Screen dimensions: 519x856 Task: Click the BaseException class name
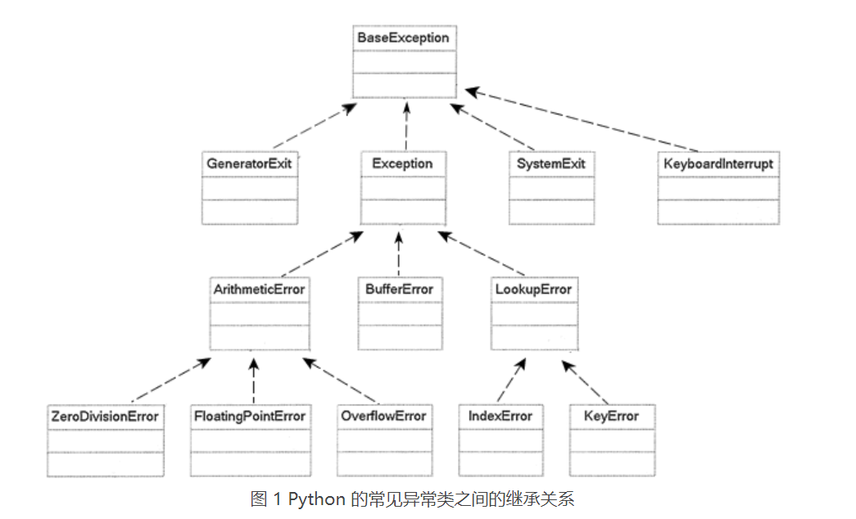[404, 38]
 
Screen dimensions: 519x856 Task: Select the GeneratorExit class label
[249, 164]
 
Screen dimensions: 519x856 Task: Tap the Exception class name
[402, 164]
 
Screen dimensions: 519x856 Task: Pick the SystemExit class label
[551, 164]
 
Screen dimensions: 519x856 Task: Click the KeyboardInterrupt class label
[718, 164]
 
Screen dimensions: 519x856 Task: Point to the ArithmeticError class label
[260, 290]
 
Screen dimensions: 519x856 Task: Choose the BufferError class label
[400, 290]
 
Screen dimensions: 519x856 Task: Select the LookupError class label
[533, 290]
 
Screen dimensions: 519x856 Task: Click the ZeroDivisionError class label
[104, 416]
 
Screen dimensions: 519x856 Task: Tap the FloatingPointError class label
[249, 416]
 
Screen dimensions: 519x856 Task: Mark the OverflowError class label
[384, 416]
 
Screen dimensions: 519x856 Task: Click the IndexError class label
[500, 416]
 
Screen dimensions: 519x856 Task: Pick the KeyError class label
[611, 416]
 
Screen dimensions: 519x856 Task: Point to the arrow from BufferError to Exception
[399, 254]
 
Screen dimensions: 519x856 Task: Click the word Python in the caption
[316, 499]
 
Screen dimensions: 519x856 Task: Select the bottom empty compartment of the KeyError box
[611, 463]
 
